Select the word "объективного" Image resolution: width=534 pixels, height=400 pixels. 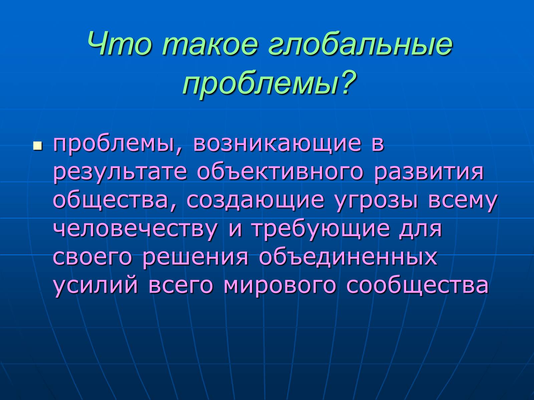point(280,173)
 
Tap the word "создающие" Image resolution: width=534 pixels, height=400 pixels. point(255,201)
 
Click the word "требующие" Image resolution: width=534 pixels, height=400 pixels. point(321,230)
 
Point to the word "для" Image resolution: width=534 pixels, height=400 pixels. point(421,230)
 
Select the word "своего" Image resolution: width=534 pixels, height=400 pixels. point(92,257)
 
